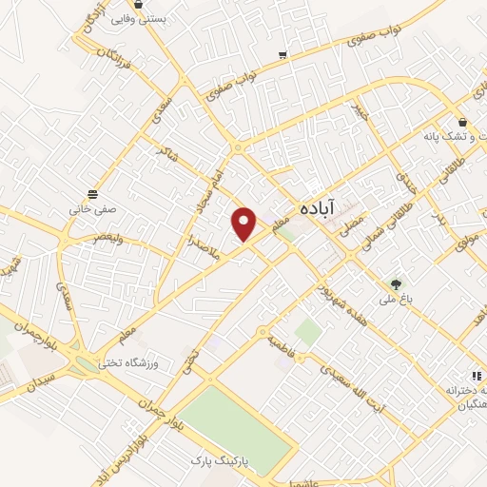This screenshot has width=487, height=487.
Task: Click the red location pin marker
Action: [245, 223]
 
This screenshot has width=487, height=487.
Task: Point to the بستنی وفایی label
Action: [141, 18]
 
